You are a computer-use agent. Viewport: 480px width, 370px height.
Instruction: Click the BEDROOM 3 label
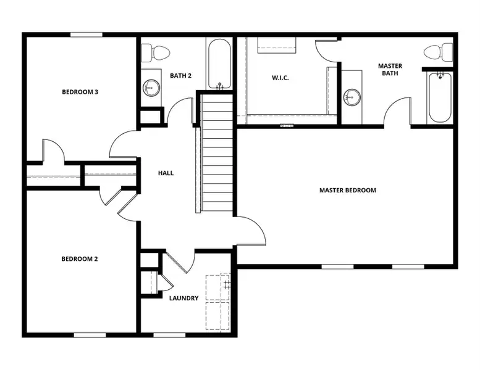pos(80,92)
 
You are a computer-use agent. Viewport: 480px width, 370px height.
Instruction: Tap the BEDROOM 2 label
pos(80,259)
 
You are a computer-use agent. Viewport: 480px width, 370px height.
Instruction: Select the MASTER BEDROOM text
pos(347,190)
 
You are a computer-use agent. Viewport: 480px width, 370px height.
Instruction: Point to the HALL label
pos(166,173)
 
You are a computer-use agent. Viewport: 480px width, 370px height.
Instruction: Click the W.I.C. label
pos(280,78)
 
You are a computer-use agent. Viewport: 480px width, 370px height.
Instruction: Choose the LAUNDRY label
pos(184,298)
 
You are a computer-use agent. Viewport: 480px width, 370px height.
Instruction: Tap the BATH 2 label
pos(180,76)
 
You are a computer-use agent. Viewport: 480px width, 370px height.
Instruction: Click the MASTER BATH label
pos(390,69)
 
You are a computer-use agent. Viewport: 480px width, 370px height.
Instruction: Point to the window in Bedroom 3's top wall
pos(86,35)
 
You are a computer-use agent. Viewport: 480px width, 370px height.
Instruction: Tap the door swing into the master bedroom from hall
pos(252,231)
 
